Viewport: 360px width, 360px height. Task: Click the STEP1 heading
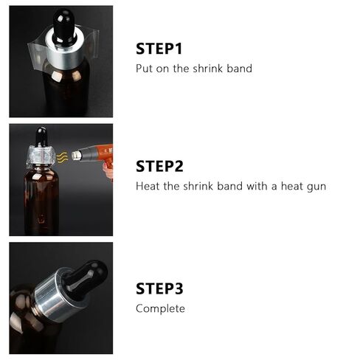click(159, 49)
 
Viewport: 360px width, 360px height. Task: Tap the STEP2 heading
click(160, 166)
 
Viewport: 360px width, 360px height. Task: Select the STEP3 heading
click(160, 288)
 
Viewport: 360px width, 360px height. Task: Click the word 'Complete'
click(160, 308)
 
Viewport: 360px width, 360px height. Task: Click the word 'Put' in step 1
click(144, 69)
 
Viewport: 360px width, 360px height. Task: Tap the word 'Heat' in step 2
click(148, 186)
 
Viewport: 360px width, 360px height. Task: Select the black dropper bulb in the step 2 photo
click(40, 136)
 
